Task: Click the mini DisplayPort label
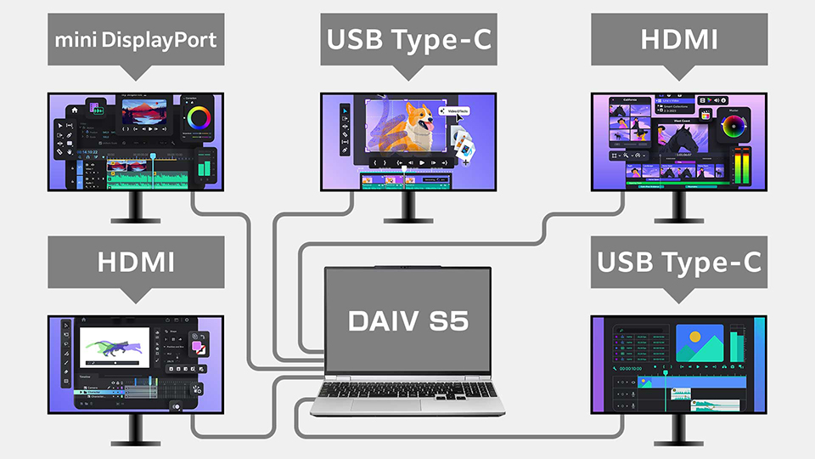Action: pyautogui.click(x=136, y=38)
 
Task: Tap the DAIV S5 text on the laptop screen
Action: pyautogui.click(x=407, y=320)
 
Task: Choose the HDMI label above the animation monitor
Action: pyautogui.click(x=136, y=262)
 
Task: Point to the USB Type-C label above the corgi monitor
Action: pyautogui.click(x=407, y=38)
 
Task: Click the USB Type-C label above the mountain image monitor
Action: pyautogui.click(x=678, y=262)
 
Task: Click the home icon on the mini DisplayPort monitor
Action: pyautogui.click(x=74, y=110)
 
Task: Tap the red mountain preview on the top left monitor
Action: pyautogui.click(x=142, y=115)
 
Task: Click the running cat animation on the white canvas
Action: pyautogui.click(x=119, y=348)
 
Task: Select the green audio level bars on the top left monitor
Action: pyautogui.click(x=204, y=165)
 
